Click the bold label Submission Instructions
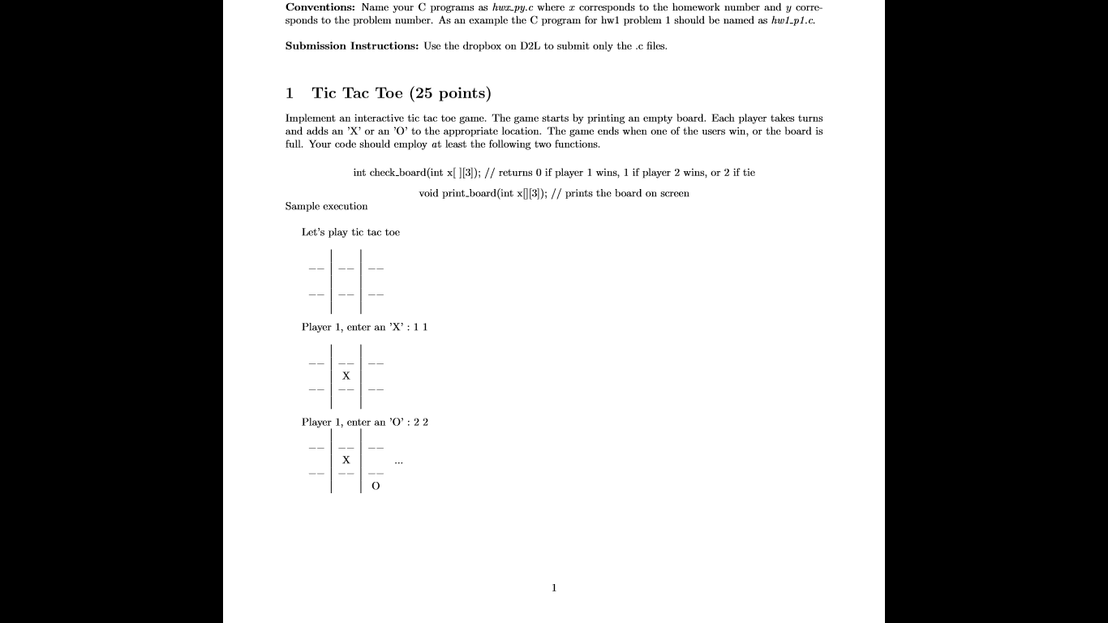pos(351,46)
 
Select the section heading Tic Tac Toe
pos(357,93)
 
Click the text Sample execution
pos(326,206)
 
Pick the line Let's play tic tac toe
pos(350,233)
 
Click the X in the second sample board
pos(346,376)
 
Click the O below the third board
pos(376,486)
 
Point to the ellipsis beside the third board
pos(397,462)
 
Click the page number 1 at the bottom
pos(554,588)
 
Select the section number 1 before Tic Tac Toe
pos(290,93)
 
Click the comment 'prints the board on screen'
pos(627,193)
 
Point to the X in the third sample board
pos(346,460)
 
